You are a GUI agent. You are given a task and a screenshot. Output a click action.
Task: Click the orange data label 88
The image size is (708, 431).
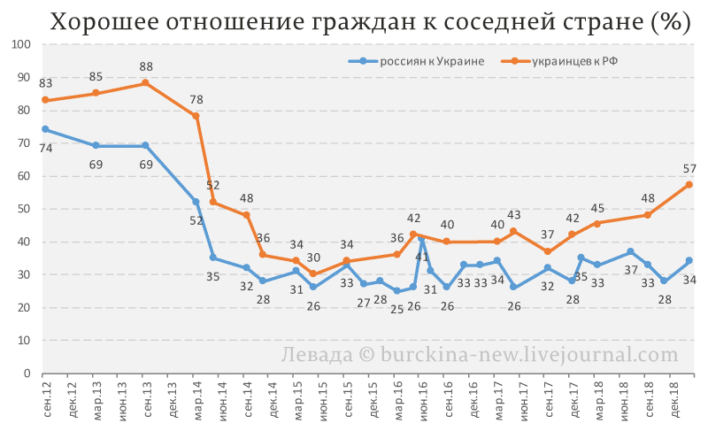(x=146, y=66)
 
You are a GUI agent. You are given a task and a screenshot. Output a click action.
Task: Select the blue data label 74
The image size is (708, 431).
(x=45, y=148)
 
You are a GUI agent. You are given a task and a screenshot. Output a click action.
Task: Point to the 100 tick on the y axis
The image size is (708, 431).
(x=23, y=44)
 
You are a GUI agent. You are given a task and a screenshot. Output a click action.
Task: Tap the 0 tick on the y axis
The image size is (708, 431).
(x=28, y=373)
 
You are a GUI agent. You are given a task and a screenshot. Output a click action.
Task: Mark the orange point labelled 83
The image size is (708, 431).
(x=44, y=100)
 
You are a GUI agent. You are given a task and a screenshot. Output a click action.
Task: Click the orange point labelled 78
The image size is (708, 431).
(x=196, y=116)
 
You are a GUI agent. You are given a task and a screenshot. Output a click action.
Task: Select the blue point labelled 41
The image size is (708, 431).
(x=421, y=238)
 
